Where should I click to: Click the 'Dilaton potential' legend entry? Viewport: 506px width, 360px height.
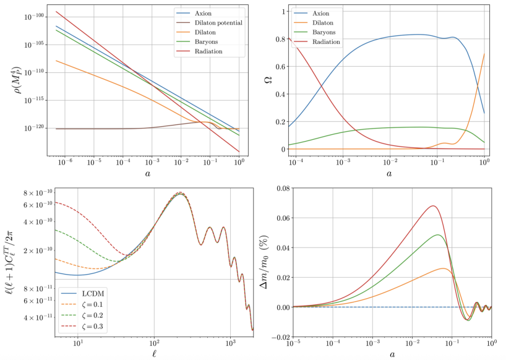point(217,22)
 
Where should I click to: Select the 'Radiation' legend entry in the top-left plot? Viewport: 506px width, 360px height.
point(208,51)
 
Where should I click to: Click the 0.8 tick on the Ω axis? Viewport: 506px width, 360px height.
point(280,39)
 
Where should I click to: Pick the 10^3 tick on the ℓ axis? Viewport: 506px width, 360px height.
point(231,341)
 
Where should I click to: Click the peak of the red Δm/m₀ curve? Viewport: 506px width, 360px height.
point(433,206)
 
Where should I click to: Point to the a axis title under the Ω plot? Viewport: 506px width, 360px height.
point(389,174)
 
